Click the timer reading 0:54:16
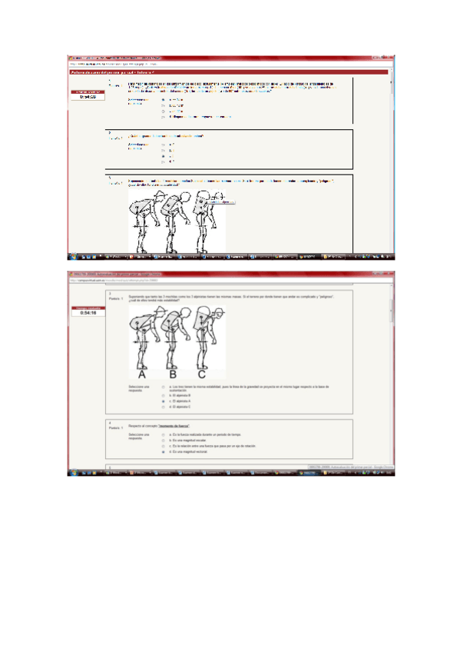[x=87, y=313]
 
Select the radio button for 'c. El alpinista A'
[x=163, y=401]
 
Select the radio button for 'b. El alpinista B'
[x=163, y=395]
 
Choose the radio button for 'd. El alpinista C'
[x=163, y=407]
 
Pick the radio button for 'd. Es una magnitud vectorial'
[x=163, y=453]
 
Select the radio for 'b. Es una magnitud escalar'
[x=163, y=441]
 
